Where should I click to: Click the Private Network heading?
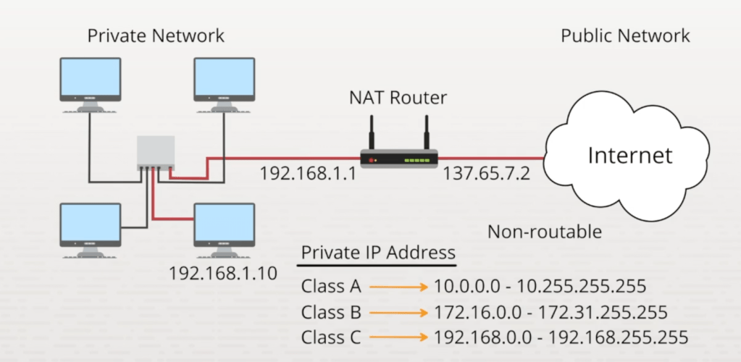pyautogui.click(x=156, y=35)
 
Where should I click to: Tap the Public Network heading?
pyautogui.click(x=625, y=35)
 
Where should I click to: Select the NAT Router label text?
pyautogui.click(x=398, y=97)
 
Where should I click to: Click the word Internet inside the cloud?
pyautogui.click(x=629, y=155)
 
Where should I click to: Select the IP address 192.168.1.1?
pyautogui.click(x=308, y=174)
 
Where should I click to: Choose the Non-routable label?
pyautogui.click(x=545, y=232)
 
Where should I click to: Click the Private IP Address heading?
pyautogui.click(x=378, y=253)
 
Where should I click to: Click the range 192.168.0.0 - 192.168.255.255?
pyautogui.click(x=560, y=337)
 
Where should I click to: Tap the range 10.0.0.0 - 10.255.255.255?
pyautogui.click(x=540, y=287)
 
